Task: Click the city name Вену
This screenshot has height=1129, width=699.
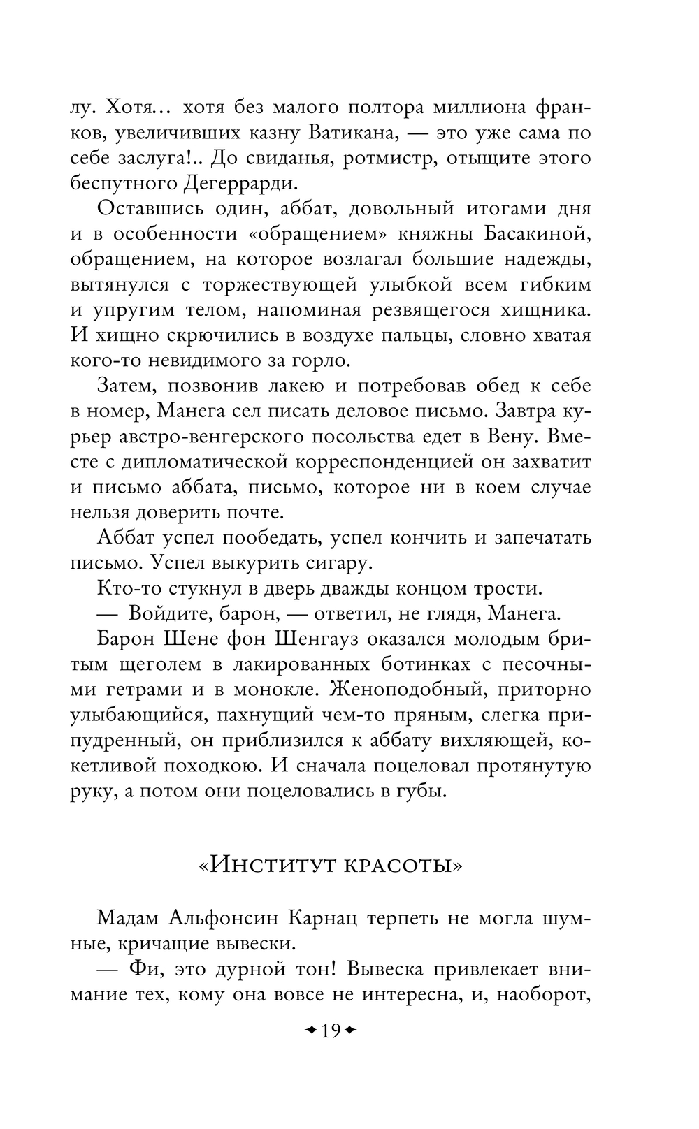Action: point(510,437)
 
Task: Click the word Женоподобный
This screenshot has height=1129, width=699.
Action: point(401,690)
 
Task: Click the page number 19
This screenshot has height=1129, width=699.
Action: point(330,1030)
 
